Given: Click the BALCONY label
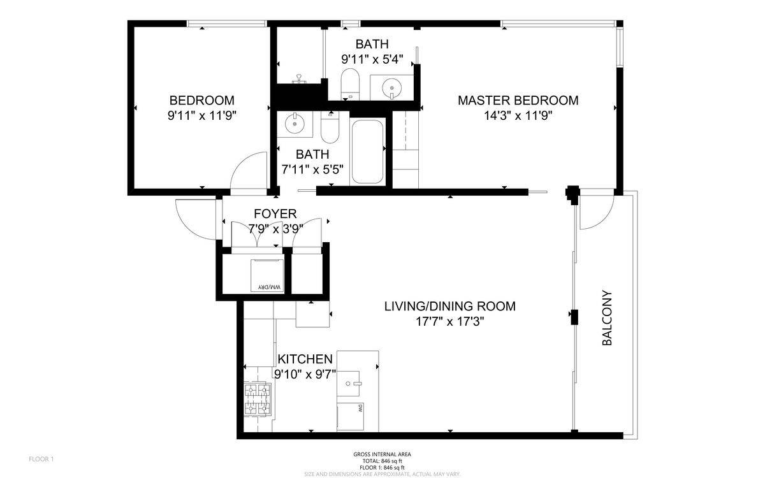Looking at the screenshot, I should (x=607, y=318).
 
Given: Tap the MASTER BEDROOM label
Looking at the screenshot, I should (x=518, y=100).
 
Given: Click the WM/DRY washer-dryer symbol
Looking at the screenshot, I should (x=268, y=275).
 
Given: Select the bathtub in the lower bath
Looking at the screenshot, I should (x=367, y=152).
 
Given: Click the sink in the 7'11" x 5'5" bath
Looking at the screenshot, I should (x=295, y=124).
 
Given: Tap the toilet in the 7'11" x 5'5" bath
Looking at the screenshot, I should (x=330, y=129).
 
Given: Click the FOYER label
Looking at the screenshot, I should (x=275, y=214).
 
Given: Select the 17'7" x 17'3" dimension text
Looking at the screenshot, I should (x=449, y=321).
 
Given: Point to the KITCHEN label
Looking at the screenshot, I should (x=305, y=359).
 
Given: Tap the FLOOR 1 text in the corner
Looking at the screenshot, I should (x=41, y=459).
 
